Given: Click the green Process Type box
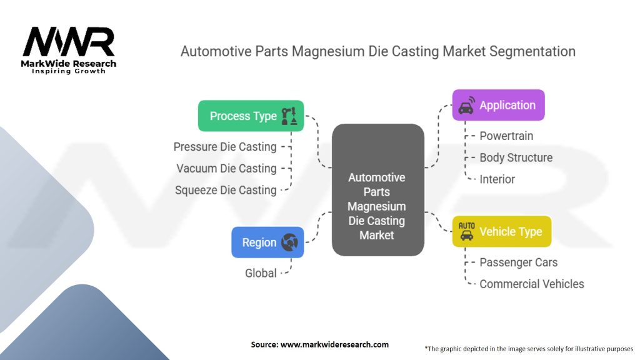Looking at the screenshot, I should [251, 116].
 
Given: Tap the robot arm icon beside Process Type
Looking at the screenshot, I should [289, 116].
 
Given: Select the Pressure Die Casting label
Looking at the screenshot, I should [225, 147].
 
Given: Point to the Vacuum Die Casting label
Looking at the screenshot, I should [226, 168].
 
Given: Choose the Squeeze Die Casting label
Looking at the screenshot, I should [226, 190].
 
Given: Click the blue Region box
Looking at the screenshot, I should [267, 242].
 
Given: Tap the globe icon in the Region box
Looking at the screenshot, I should [289, 242].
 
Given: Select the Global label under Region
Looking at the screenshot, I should [260, 272].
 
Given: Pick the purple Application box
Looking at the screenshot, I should [498, 105].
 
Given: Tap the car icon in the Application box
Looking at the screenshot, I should [466, 106].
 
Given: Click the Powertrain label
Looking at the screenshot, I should [506, 136].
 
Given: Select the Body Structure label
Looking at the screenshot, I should [516, 157].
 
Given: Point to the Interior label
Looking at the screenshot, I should [497, 179].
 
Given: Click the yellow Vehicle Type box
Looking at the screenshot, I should [502, 232].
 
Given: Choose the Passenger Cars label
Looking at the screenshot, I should [518, 262].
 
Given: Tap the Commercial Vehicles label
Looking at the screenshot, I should [531, 284].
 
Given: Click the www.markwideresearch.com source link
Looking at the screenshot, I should [335, 344].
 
